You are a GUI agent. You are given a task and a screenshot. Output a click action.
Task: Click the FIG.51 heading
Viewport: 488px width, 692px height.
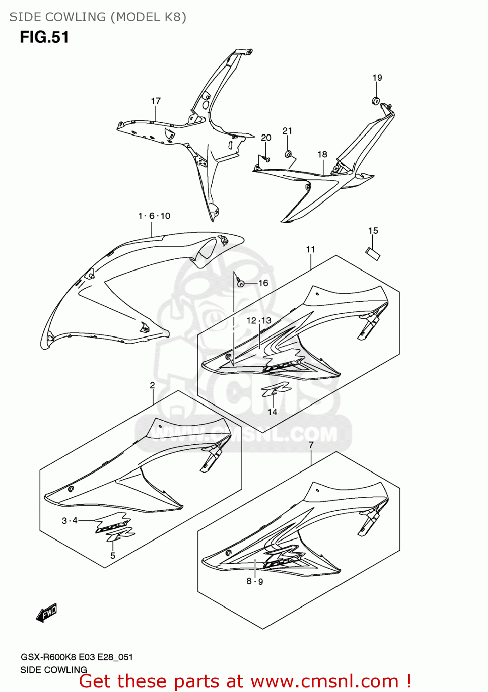click(44, 37)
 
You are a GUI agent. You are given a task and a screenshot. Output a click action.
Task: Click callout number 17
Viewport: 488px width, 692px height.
click(156, 101)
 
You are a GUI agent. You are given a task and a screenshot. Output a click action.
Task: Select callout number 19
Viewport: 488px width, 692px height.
click(377, 78)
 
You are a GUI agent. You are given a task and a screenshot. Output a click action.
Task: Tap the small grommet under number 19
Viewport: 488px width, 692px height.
click(376, 100)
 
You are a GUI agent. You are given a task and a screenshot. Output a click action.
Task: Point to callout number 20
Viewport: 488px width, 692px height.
click(266, 137)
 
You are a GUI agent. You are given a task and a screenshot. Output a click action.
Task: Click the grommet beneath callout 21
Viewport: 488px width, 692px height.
click(288, 153)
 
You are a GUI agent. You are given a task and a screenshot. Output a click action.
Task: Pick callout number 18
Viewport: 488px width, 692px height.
click(322, 155)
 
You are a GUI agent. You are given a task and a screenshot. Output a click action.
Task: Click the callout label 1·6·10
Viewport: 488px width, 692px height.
click(154, 216)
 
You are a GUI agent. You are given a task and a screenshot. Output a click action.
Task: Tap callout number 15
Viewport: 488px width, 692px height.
click(373, 231)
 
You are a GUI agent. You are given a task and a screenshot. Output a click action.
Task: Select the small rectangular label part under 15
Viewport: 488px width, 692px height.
click(373, 253)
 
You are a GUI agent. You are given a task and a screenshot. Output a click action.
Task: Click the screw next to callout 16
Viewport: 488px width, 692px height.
click(240, 283)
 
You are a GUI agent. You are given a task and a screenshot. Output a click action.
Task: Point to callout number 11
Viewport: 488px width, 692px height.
click(310, 249)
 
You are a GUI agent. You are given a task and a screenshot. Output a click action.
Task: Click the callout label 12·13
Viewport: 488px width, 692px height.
click(259, 320)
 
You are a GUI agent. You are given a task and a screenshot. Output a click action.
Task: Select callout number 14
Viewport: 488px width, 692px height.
click(272, 412)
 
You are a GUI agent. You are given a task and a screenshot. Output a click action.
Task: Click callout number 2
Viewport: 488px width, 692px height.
click(152, 385)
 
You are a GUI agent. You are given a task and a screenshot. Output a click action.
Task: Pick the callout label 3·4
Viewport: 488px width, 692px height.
click(70, 520)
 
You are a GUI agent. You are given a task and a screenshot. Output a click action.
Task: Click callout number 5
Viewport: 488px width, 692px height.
click(113, 555)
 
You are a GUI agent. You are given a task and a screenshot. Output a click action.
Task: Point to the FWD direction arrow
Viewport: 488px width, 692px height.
click(47, 613)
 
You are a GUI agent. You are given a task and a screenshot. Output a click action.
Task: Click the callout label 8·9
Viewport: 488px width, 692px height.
click(255, 581)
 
